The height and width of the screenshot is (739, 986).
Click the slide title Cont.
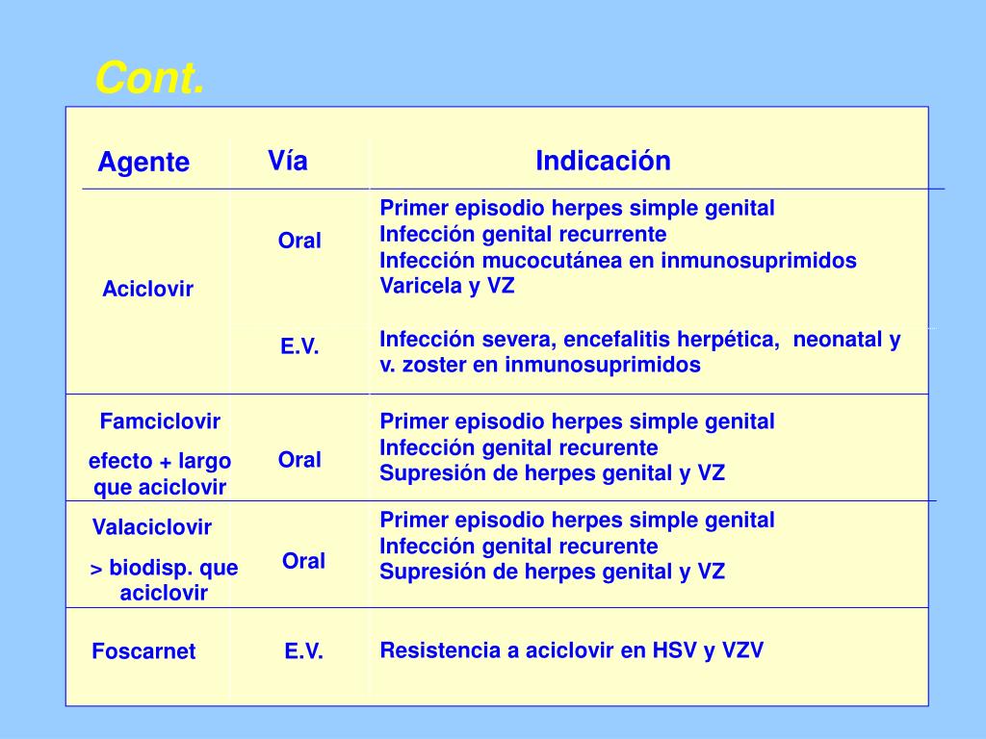click(149, 78)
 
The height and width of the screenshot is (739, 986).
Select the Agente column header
click(143, 163)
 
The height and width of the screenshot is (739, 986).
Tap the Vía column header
click(288, 161)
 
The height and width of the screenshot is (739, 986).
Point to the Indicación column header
click(603, 161)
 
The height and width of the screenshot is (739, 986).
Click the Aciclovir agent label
click(148, 290)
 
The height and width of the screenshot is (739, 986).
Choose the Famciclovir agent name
click(160, 421)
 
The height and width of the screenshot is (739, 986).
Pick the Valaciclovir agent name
click(152, 527)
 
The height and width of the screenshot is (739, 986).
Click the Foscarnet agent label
click(143, 651)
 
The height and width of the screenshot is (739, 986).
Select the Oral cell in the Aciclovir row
click(299, 241)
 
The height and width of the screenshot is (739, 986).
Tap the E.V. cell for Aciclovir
click(299, 347)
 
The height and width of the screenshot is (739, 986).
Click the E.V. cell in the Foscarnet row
click(303, 651)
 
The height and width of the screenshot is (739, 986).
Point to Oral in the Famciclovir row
click(299, 460)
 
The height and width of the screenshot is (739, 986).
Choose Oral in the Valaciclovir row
click(303, 561)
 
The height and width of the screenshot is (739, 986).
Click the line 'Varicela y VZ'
click(447, 286)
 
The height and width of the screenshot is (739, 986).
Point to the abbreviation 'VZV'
click(741, 650)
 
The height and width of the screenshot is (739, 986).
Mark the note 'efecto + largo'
click(160, 462)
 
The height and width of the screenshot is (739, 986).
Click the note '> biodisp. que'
click(164, 568)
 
